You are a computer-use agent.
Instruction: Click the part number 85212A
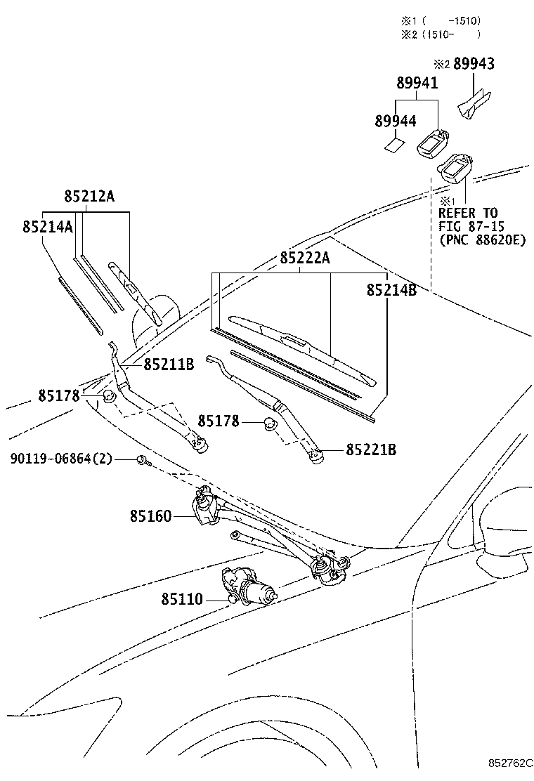tap(89, 197)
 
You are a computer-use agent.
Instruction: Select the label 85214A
tap(47, 227)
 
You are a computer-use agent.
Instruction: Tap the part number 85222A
tap(304, 258)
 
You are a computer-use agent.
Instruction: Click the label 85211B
tap(169, 365)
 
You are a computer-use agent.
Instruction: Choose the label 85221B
tap(370, 449)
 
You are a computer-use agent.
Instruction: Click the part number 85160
tap(150, 516)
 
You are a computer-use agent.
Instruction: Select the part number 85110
tap(181, 599)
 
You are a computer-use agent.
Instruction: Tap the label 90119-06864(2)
tap(61, 459)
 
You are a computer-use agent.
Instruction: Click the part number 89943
tap(474, 64)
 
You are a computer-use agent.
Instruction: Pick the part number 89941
tap(417, 83)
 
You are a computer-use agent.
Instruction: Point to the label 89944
tap(395, 121)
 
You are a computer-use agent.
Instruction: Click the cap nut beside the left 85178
tap(109, 398)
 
